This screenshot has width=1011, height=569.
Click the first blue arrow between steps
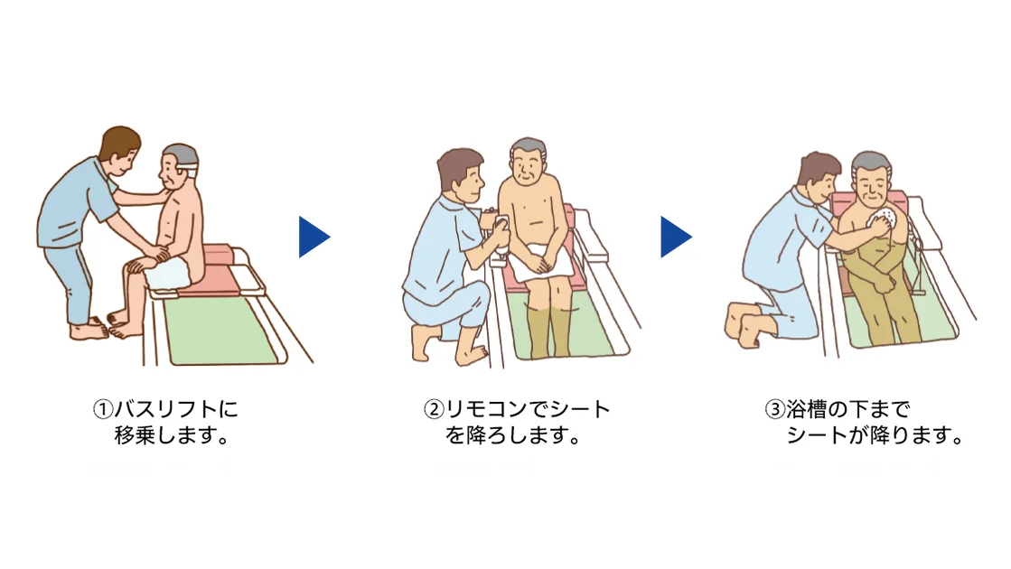[313, 237]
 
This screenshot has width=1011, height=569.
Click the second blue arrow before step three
[674, 237]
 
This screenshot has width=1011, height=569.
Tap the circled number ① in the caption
[102, 409]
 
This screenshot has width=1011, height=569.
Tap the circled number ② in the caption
[435, 409]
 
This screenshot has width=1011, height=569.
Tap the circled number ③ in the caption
[774, 409]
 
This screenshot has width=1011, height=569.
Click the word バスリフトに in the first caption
[175, 409]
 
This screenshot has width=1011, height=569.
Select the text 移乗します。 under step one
[170, 436]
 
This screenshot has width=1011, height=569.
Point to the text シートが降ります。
[874, 436]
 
